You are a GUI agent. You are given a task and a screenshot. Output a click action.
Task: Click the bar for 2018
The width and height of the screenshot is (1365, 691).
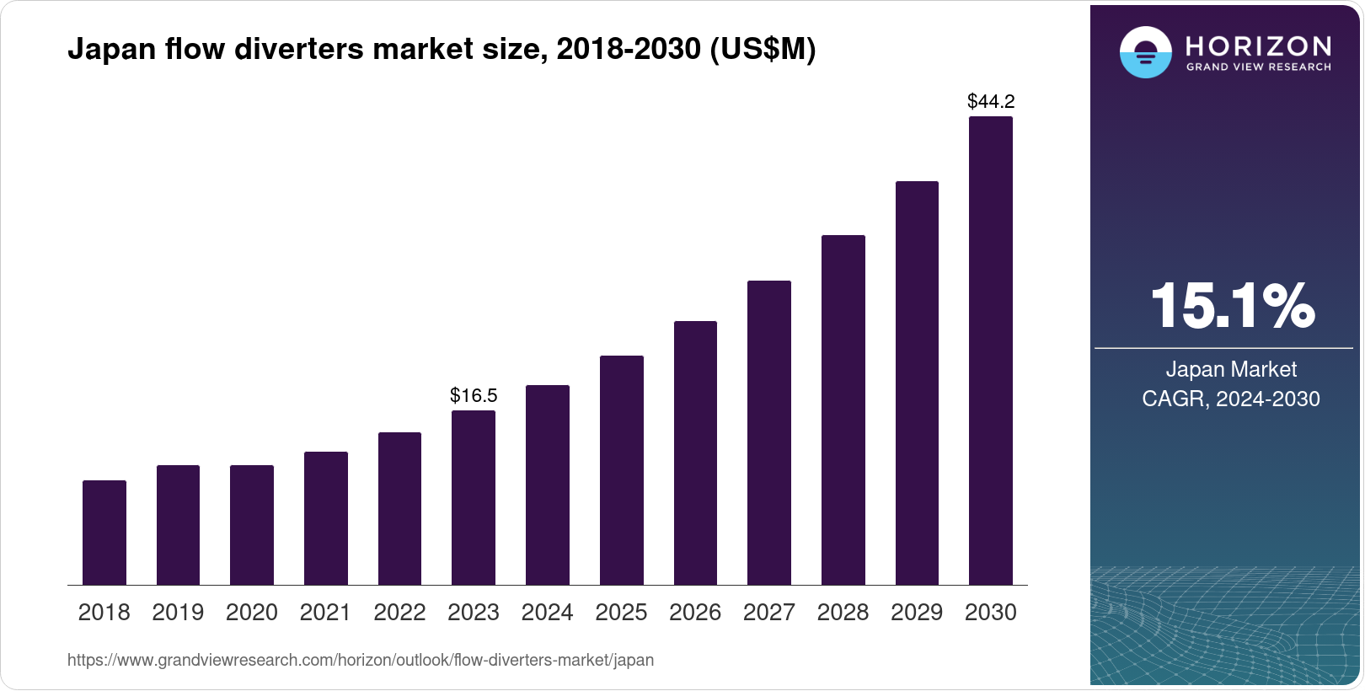click(x=104, y=533)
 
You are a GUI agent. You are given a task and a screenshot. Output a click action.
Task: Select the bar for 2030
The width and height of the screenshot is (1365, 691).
click(x=990, y=351)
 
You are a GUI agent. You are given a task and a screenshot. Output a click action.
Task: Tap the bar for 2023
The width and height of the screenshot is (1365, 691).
click(x=474, y=497)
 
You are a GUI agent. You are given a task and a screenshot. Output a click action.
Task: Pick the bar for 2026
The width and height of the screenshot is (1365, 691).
click(x=695, y=453)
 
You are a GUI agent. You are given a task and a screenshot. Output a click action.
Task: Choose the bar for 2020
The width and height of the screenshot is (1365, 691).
click(x=252, y=525)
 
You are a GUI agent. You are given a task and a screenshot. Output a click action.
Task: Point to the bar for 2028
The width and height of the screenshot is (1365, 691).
click(x=843, y=410)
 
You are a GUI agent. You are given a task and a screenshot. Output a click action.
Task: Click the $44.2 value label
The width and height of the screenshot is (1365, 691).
click(x=991, y=102)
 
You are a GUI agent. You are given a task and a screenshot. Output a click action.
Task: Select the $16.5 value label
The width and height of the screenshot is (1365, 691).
click(x=474, y=395)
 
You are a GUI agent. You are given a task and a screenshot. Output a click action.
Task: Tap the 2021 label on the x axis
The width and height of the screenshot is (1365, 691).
click(x=325, y=613)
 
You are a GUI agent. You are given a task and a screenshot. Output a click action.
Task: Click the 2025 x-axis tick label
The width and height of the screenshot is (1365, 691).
click(x=621, y=613)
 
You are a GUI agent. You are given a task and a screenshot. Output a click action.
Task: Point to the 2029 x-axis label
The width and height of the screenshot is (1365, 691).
click(x=917, y=613)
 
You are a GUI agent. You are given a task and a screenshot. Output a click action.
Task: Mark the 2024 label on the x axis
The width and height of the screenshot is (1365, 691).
click(x=547, y=613)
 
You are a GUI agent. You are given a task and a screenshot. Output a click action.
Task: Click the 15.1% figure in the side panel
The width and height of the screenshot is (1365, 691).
click(x=1231, y=306)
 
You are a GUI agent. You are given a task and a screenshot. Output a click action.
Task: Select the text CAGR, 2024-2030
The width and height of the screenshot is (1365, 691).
click(x=1230, y=399)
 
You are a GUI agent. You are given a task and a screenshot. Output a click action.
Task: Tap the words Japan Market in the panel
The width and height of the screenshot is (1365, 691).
click(x=1230, y=369)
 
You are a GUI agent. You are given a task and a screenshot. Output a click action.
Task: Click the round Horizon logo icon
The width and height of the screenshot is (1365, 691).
click(x=1145, y=52)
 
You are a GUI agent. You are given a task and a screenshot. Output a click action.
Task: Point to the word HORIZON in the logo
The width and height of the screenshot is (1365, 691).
click(x=1258, y=46)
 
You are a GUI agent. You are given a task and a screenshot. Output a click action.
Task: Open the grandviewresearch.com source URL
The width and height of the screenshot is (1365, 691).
click(x=361, y=660)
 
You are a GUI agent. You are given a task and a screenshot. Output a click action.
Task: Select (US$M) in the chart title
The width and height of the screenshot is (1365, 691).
click(x=763, y=49)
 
